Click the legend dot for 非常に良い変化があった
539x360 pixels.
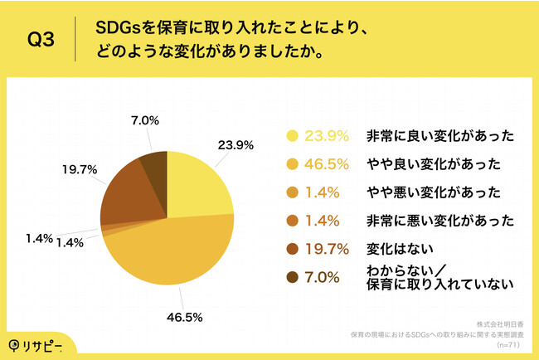point(291,137)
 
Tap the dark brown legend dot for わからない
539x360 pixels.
point(291,277)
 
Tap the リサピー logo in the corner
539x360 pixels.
point(38,343)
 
